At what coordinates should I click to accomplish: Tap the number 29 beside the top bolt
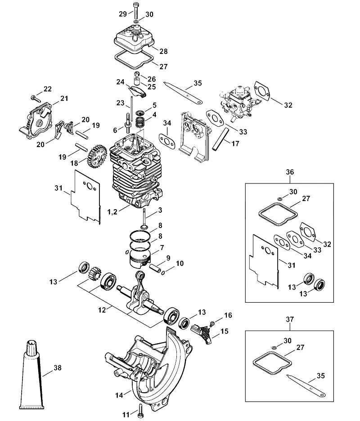pos(123,14)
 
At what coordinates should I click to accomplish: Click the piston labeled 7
pos(140,258)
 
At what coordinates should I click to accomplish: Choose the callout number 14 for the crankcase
pos(119,395)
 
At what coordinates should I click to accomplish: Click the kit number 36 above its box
pos(290,172)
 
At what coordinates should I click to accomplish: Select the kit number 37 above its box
pos(290,319)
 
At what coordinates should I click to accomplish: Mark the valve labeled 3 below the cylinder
pos(144,218)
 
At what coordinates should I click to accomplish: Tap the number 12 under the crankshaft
pos(102,310)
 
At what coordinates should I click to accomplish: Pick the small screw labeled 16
pos(213,323)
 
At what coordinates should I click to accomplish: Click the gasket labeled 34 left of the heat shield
pos(166,140)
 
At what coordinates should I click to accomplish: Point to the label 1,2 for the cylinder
pos(112,212)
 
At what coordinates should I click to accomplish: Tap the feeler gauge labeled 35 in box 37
pos(306,385)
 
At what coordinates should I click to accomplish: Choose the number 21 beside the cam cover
pos(64,99)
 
